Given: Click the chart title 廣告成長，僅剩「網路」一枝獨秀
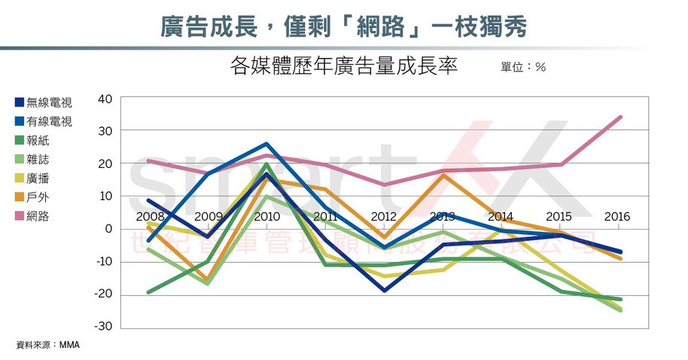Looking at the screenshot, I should click(x=343, y=27).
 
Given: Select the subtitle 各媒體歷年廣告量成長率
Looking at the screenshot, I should click(x=343, y=66).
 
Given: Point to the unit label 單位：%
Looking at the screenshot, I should click(x=522, y=67).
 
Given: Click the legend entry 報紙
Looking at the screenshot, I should click(x=38, y=140).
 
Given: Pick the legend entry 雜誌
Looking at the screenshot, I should click(x=38, y=159).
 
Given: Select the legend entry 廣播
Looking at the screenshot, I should click(x=38, y=178).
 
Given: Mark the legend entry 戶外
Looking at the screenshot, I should click(x=38, y=197).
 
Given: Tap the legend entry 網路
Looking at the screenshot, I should click(x=38, y=216).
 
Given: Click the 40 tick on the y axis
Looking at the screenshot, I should click(x=105, y=99).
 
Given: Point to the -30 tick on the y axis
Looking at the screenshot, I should click(x=102, y=327).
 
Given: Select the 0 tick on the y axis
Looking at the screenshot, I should click(x=108, y=229).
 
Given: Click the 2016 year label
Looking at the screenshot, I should click(x=617, y=217).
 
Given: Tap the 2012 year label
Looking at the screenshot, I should click(x=385, y=217).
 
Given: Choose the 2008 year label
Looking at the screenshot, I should click(x=151, y=217).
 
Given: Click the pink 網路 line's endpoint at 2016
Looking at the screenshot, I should click(x=620, y=117).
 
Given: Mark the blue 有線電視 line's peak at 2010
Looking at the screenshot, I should click(x=267, y=144).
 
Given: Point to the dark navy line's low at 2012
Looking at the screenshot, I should click(x=385, y=290).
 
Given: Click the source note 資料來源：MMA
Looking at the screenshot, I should click(x=47, y=345).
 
